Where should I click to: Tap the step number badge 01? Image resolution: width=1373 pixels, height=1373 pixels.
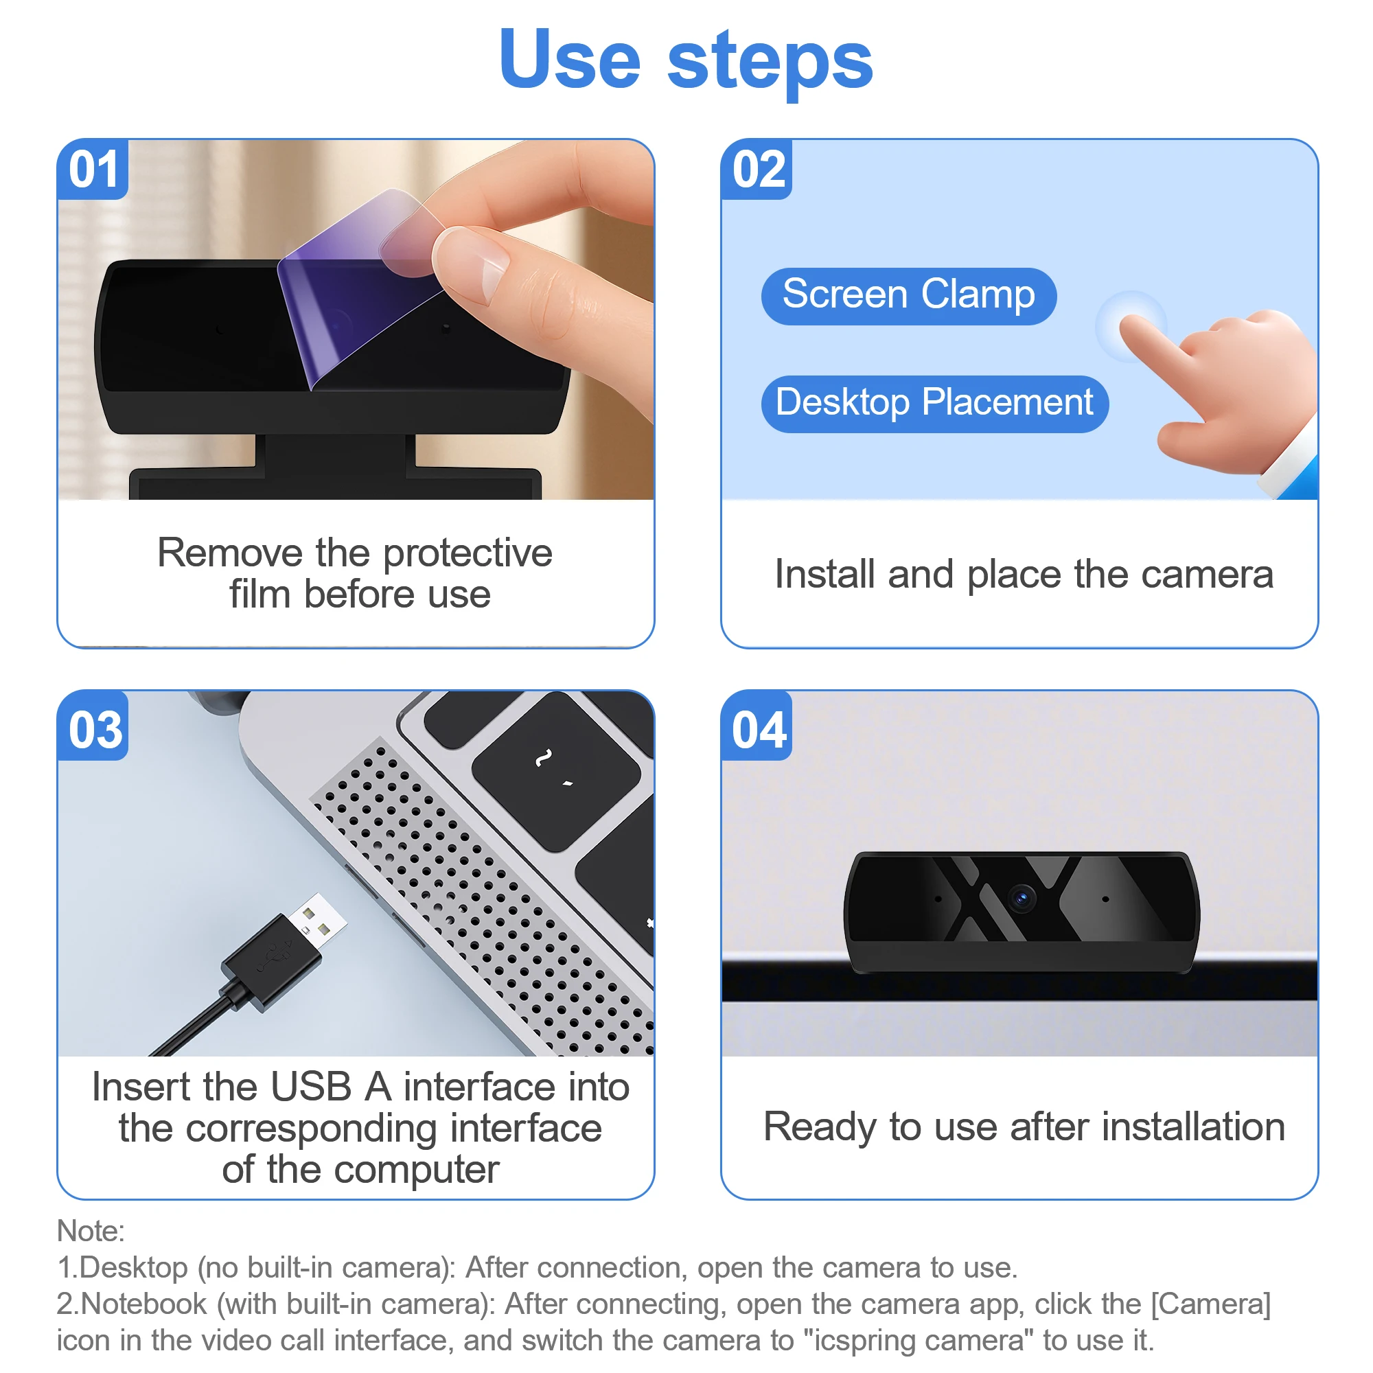(93, 170)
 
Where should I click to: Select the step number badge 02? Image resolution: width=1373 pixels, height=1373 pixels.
(757, 170)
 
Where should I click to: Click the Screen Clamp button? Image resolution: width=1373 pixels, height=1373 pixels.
(909, 297)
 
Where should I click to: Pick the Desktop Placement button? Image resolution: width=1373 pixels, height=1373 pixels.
(934, 404)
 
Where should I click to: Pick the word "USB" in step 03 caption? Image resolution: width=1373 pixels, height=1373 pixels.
(311, 1087)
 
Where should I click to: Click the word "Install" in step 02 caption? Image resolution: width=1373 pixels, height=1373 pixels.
(824, 574)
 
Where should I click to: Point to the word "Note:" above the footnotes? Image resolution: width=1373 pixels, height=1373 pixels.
(91, 1231)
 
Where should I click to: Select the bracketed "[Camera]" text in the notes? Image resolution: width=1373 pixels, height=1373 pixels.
(1211, 1305)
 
